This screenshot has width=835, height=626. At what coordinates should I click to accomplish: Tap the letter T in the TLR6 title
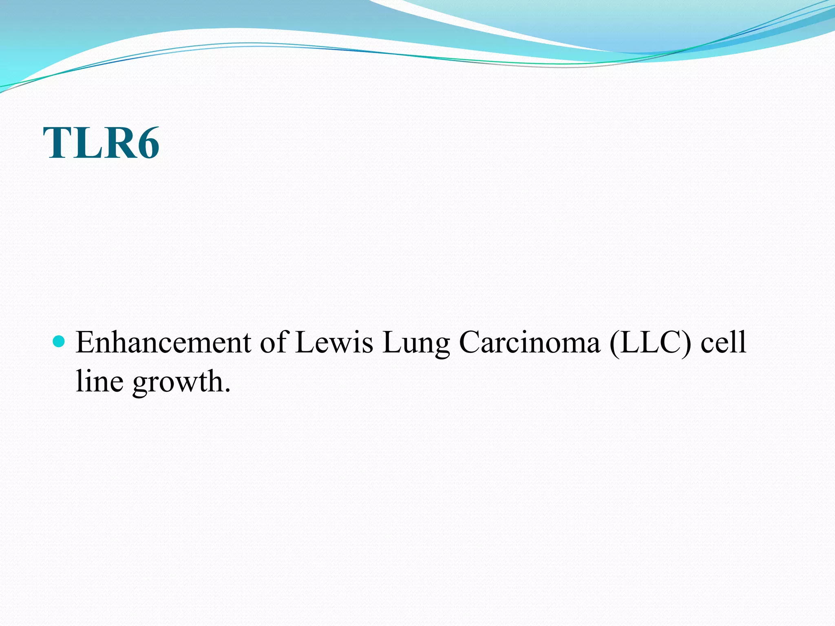click(x=58, y=143)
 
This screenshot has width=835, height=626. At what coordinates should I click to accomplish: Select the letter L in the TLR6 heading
click(x=87, y=143)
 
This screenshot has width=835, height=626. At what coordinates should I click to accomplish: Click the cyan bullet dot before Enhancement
click(x=59, y=341)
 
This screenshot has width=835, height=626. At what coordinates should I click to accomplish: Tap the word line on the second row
click(x=99, y=381)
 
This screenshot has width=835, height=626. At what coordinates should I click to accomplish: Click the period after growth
click(x=227, y=390)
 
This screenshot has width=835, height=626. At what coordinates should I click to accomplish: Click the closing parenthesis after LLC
click(x=688, y=342)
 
